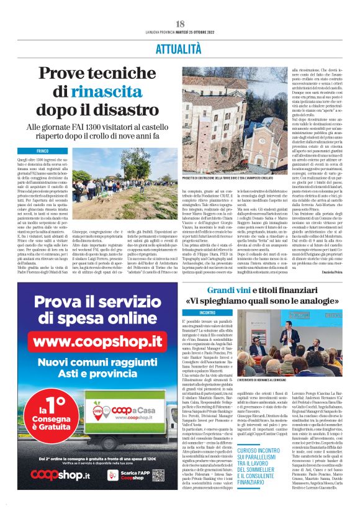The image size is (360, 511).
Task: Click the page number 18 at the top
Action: (x=179, y=24)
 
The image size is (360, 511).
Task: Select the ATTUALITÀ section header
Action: (x=179, y=47)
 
